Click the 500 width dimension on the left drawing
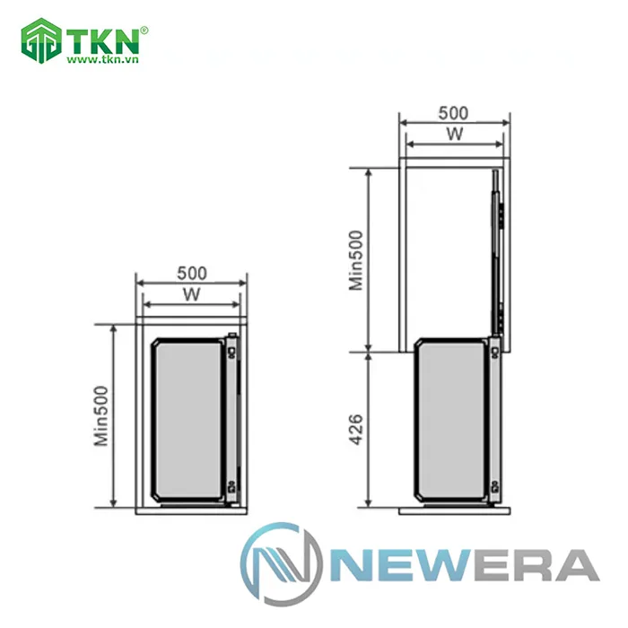coord(191,272)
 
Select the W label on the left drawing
coord(190,293)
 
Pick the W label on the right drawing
coord(454,134)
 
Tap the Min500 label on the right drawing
coord(356,257)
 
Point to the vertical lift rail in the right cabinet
coord(496,251)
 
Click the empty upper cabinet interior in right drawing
coord(444,251)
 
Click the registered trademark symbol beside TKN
coord(144,30)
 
